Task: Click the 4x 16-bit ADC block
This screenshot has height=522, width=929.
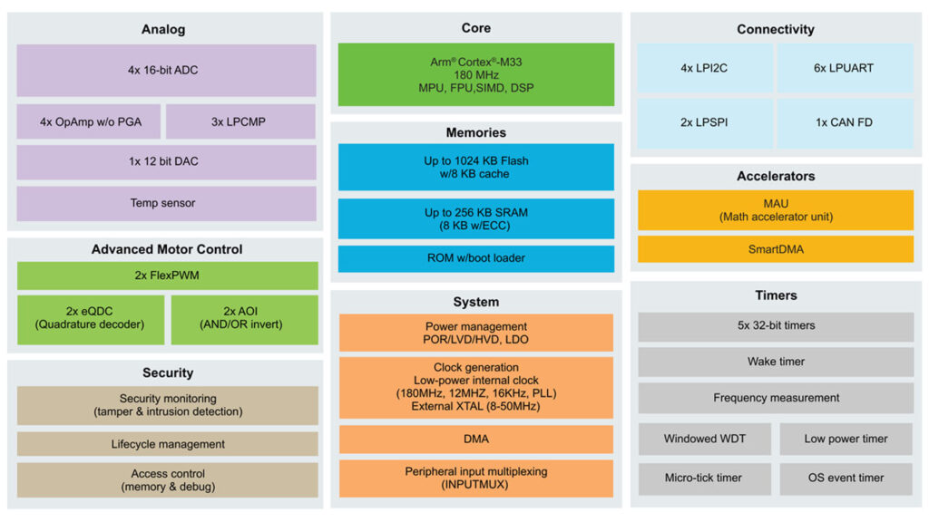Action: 166,70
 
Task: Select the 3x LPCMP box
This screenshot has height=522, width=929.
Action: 240,121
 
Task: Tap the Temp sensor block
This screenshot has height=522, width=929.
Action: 166,203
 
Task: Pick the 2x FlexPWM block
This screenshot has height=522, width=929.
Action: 167,275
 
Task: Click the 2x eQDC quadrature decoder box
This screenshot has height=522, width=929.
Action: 91,319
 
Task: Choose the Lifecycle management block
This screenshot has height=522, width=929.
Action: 167,444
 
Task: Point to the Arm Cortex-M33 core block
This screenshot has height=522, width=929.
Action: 475,74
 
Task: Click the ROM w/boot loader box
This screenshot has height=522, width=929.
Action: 475,258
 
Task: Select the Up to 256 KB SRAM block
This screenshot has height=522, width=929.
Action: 475,218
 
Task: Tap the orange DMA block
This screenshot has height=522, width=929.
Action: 475,440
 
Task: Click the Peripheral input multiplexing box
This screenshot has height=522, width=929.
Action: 475,478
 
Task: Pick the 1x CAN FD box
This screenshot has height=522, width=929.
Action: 844,122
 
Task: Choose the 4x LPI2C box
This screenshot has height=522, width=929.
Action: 705,68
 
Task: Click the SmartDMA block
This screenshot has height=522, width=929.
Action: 775,249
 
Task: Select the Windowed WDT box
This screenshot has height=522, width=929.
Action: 704,439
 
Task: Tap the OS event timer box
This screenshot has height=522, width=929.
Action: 846,478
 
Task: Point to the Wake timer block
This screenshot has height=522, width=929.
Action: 775,362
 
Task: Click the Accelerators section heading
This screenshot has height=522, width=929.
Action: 775,176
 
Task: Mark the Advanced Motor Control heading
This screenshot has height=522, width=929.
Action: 167,249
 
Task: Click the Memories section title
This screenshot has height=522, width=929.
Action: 475,132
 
